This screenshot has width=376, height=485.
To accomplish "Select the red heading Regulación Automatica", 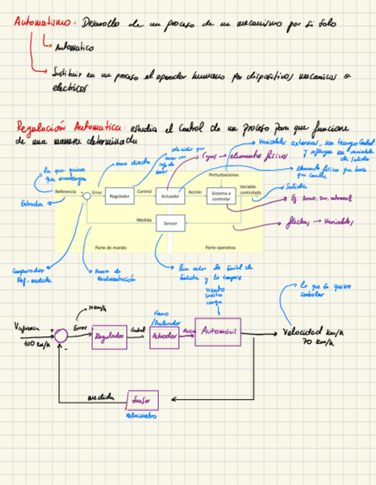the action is pyautogui.click(x=69, y=126).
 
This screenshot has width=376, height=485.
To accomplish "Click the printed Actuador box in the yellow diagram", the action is pyautogui.click(x=170, y=196).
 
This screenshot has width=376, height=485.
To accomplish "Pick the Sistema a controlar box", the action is pyautogui.click(x=221, y=196).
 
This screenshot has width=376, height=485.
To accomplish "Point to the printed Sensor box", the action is pyautogui.click(x=170, y=222).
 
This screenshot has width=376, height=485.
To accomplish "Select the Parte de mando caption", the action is pyautogui.click(x=111, y=248).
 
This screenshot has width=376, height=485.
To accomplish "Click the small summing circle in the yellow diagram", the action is pyautogui.click(x=87, y=196).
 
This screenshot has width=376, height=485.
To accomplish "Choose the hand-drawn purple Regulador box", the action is pyautogui.click(x=109, y=337).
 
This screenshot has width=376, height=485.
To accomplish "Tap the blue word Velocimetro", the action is pyautogui.click(x=140, y=416).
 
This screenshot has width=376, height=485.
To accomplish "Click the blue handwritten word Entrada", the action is pyautogui.click(x=32, y=203).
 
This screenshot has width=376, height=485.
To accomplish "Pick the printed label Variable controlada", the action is pyautogui.click(x=249, y=190).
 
